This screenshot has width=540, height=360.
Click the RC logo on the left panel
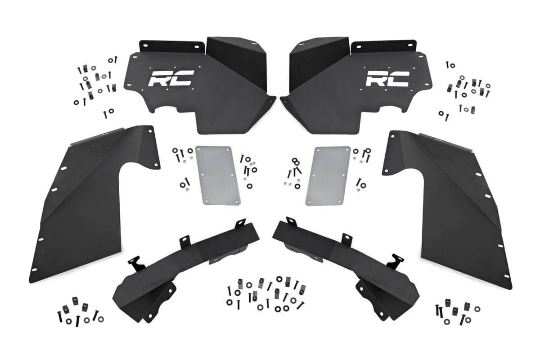click(x=171, y=79)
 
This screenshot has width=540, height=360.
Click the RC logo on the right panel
click(x=387, y=79)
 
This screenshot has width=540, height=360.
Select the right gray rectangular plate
click(x=327, y=175)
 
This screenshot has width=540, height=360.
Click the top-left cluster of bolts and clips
click(x=94, y=83)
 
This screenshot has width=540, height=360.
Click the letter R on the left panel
click(x=160, y=79)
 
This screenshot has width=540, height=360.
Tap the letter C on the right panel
click(x=399, y=79)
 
